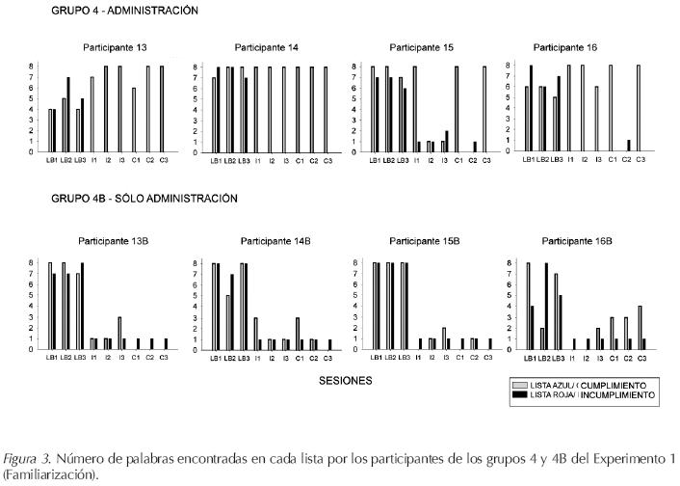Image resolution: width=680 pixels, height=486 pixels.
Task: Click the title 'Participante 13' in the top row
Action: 114,46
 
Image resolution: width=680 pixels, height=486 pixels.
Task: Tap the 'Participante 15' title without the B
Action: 421,46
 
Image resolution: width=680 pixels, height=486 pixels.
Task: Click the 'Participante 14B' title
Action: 271,240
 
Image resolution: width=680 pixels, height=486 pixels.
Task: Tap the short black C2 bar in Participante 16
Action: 628,146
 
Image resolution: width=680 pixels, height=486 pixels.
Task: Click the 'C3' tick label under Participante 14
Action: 327,160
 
